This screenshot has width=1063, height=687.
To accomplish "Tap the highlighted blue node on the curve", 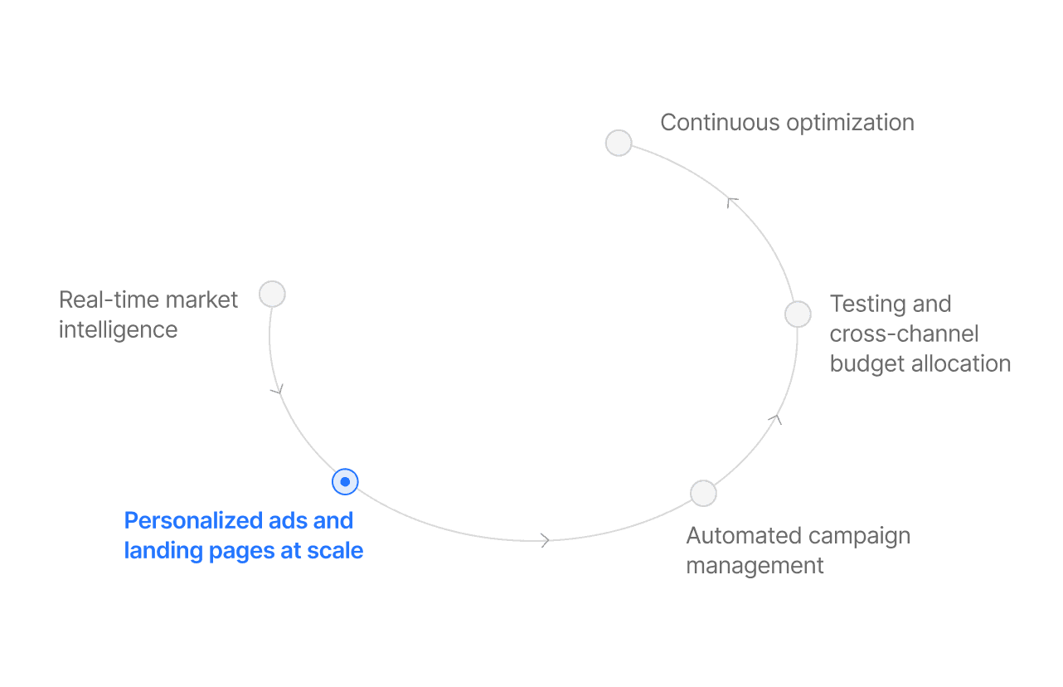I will [x=345, y=481].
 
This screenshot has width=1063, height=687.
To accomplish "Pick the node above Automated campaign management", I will [x=703, y=493].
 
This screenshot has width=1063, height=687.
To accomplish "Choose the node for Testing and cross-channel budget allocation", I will [x=798, y=314].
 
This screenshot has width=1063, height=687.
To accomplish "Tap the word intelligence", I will [x=118, y=329].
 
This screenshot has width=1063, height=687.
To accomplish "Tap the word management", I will [x=755, y=566].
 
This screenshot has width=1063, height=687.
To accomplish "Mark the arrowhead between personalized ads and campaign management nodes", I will [x=545, y=540].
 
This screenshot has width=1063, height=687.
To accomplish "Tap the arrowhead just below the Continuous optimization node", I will [x=731, y=202].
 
